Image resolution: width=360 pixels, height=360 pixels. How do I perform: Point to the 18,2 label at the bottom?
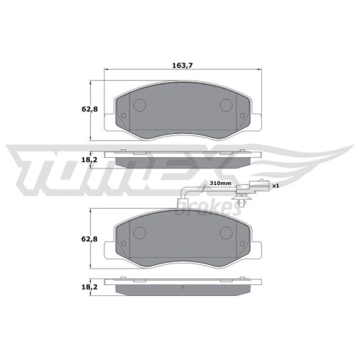[x=80, y=287]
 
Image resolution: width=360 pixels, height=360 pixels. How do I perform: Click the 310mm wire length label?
[x=220, y=184]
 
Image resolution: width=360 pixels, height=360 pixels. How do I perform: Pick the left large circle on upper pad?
[x=139, y=105]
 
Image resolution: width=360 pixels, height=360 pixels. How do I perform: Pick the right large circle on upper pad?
[x=226, y=105]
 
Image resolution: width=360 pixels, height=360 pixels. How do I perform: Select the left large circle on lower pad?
[x=139, y=234]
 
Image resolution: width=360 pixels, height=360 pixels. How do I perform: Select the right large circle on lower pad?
[x=226, y=234]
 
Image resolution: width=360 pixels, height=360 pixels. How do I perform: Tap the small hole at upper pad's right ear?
[x=245, y=119]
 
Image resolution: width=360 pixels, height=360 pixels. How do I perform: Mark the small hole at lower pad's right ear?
[x=245, y=246]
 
